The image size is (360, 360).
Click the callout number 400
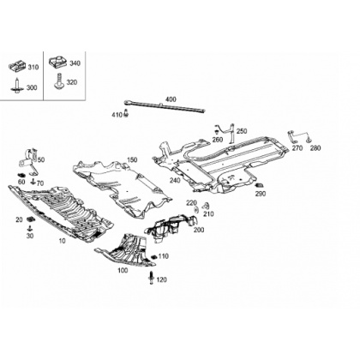171,99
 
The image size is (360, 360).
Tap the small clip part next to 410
126,113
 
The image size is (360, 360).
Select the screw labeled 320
59,81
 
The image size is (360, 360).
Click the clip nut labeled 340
58,62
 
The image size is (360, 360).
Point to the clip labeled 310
18,66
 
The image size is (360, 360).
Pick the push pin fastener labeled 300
18,86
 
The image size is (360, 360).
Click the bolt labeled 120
152,278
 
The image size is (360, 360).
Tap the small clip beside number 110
154,256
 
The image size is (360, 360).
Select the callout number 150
132,160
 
